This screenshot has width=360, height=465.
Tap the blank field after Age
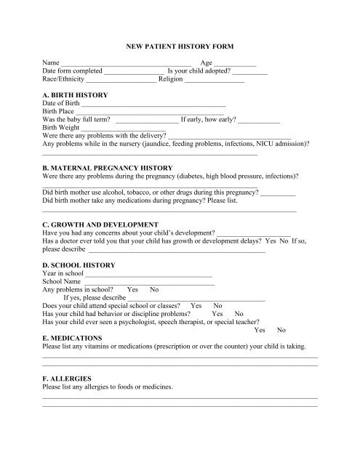click(235, 65)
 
